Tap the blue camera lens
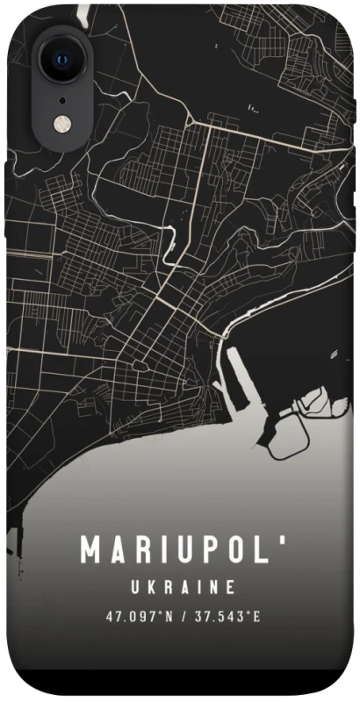[63, 60]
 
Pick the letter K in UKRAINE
[149, 586]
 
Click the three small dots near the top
[254, 109]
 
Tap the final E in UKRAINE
[230, 586]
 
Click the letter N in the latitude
[169, 615]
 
